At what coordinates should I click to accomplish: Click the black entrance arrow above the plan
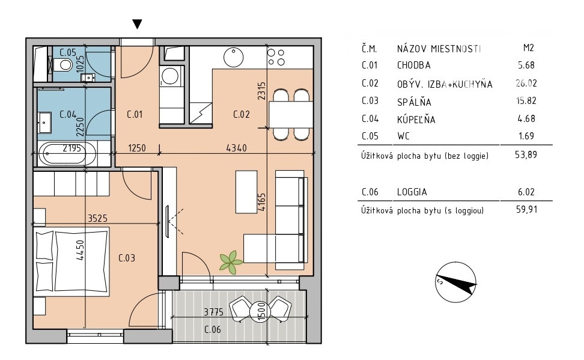[x=137, y=24]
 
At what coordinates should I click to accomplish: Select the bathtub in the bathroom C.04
[x=64, y=153]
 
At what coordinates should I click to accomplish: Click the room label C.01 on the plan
[x=135, y=114]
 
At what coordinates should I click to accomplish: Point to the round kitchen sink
[x=234, y=57]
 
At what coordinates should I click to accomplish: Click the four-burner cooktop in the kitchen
[x=276, y=57]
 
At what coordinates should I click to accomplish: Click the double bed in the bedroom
[x=71, y=261]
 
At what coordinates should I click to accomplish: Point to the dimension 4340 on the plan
[x=237, y=148]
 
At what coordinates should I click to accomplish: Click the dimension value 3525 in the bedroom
[x=97, y=218]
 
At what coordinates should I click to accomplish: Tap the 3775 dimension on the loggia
[x=213, y=311]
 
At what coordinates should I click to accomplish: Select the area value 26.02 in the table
[x=526, y=83]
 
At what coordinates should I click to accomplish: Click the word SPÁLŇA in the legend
[x=414, y=102]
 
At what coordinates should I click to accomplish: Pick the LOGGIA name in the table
[x=412, y=192]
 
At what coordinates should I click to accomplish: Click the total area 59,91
[x=527, y=209]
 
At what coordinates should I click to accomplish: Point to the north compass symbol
[x=456, y=282]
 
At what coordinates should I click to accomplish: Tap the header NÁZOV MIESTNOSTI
[x=439, y=49]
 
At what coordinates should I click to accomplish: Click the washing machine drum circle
[x=170, y=76]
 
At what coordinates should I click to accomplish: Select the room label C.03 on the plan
[x=127, y=258]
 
